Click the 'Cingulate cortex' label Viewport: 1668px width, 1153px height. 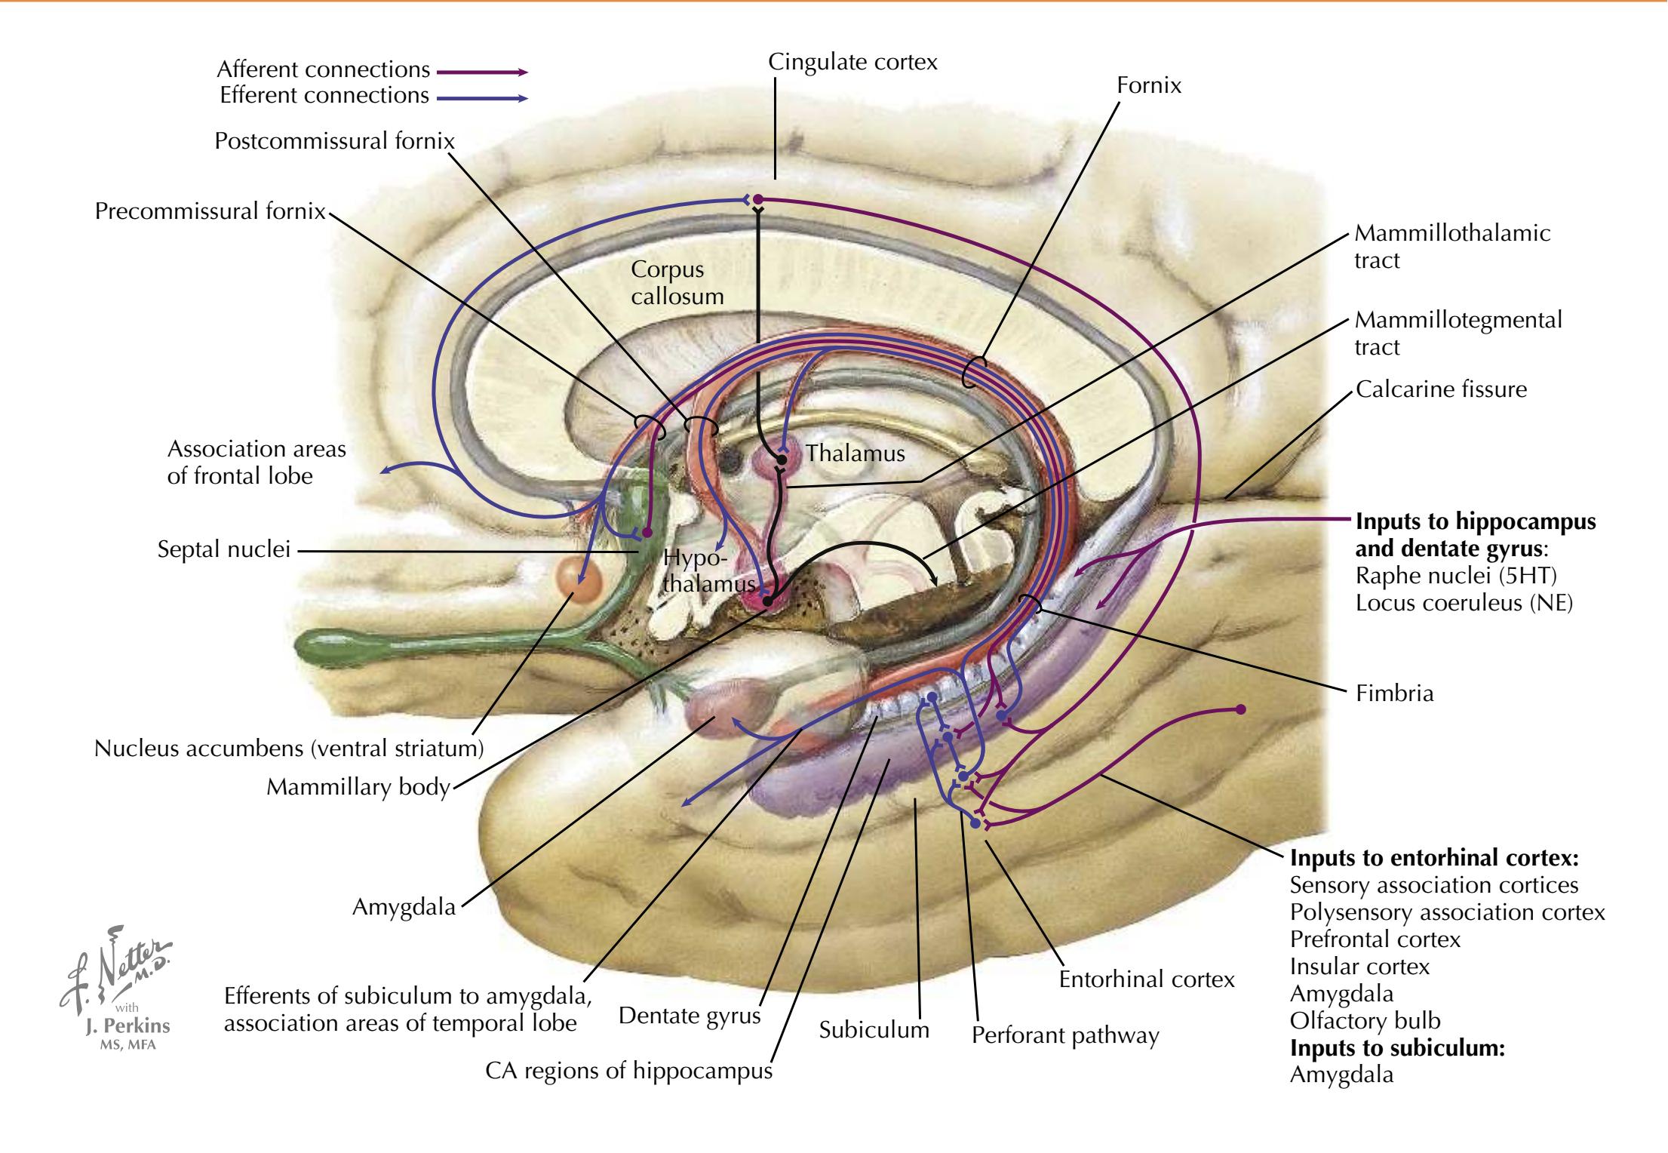click(852, 62)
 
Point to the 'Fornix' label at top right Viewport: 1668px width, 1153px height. click(1149, 85)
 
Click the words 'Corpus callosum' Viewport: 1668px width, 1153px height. click(677, 283)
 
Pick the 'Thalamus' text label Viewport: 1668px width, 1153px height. click(855, 454)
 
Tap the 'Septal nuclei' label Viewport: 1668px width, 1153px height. click(223, 549)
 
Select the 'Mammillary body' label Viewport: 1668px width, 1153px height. click(358, 787)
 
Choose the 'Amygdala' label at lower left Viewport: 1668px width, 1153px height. click(404, 906)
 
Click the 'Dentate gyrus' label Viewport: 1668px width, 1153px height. click(690, 1016)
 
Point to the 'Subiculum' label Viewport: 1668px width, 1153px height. click(874, 1030)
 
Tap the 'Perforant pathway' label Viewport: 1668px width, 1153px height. click(1064, 1035)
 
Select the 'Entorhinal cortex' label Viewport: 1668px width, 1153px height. click(1147, 979)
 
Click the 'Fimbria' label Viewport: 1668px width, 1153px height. click(1394, 693)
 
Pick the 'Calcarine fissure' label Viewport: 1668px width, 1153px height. click(1441, 389)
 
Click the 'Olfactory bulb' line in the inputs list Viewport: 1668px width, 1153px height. click(1365, 1021)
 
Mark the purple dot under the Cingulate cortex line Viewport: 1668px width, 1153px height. click(758, 200)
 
